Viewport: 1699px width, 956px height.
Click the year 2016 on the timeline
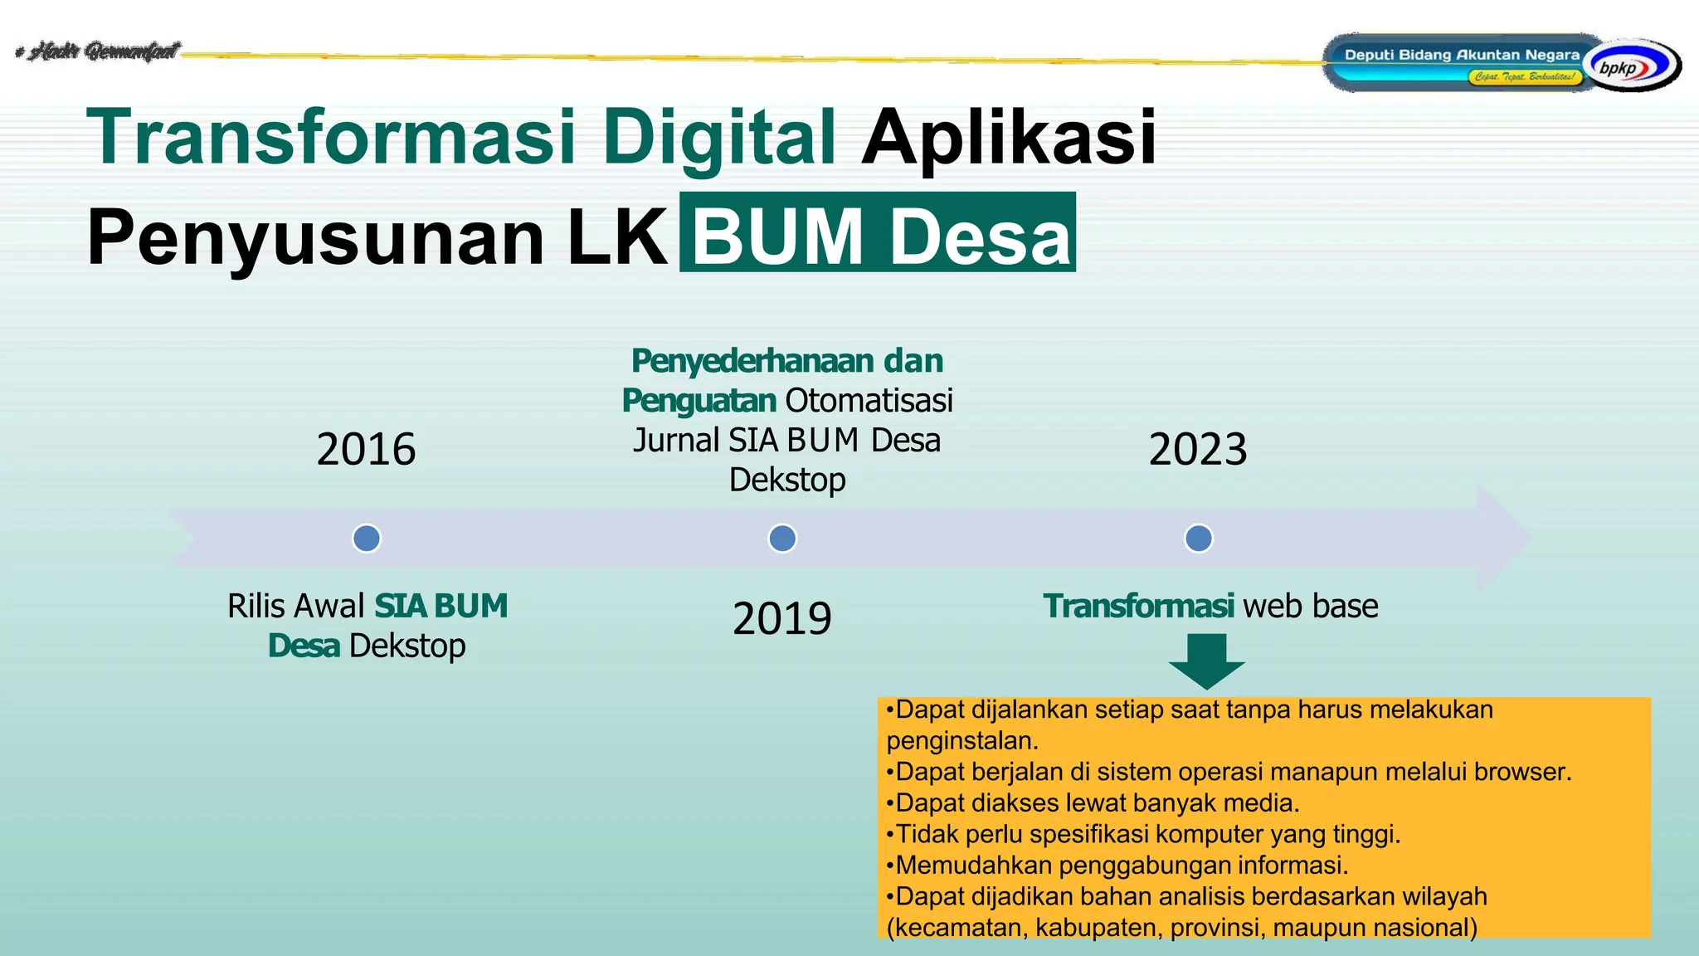(x=366, y=449)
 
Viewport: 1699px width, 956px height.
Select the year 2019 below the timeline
(x=781, y=618)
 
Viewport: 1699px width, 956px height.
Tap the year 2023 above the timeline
(x=1197, y=449)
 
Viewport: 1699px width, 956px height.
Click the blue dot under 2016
(x=367, y=538)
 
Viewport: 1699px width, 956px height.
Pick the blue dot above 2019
(x=782, y=538)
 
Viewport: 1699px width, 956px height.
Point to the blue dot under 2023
(x=1198, y=538)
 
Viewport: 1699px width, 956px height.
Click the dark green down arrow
(x=1206, y=661)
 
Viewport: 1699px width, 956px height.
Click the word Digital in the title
(x=718, y=136)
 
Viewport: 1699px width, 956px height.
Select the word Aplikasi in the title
(x=1008, y=136)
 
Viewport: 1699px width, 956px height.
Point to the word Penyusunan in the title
(x=315, y=237)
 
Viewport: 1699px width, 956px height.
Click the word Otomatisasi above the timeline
(x=869, y=400)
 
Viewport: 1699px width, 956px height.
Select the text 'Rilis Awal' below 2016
(x=295, y=606)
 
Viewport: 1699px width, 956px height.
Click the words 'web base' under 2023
(x=1310, y=606)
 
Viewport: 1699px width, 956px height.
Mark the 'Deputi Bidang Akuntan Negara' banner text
(x=1462, y=55)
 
